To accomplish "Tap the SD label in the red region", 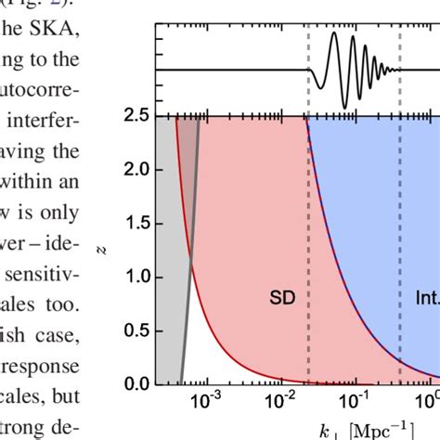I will (x=283, y=298).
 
